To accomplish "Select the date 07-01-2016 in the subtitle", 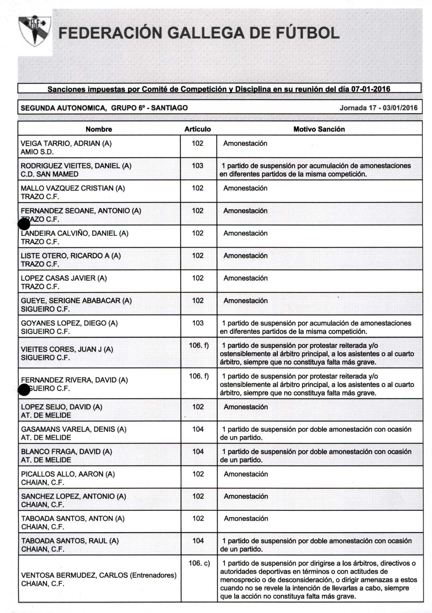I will pyautogui.click(x=370, y=89).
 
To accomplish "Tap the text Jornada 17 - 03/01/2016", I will pyautogui.click(x=378, y=108).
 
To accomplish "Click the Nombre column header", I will pyautogui.click(x=99, y=129).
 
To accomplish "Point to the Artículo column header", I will pyautogui.click(x=197, y=129).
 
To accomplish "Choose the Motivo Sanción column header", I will pyautogui.click(x=319, y=129).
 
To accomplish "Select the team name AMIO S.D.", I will pyautogui.click(x=37, y=152).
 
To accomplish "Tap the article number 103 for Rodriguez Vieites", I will pyautogui.click(x=197, y=166).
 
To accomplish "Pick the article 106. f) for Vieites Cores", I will pyautogui.click(x=199, y=345).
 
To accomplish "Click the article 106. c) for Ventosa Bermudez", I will pyautogui.click(x=199, y=563).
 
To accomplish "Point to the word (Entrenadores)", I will pyautogui.click(x=153, y=575).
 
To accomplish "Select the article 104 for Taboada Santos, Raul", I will pyautogui.click(x=198, y=541).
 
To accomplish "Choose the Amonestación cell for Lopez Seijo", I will pyautogui.click(x=245, y=407).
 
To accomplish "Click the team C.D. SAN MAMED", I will pyautogui.click(x=49, y=174).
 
